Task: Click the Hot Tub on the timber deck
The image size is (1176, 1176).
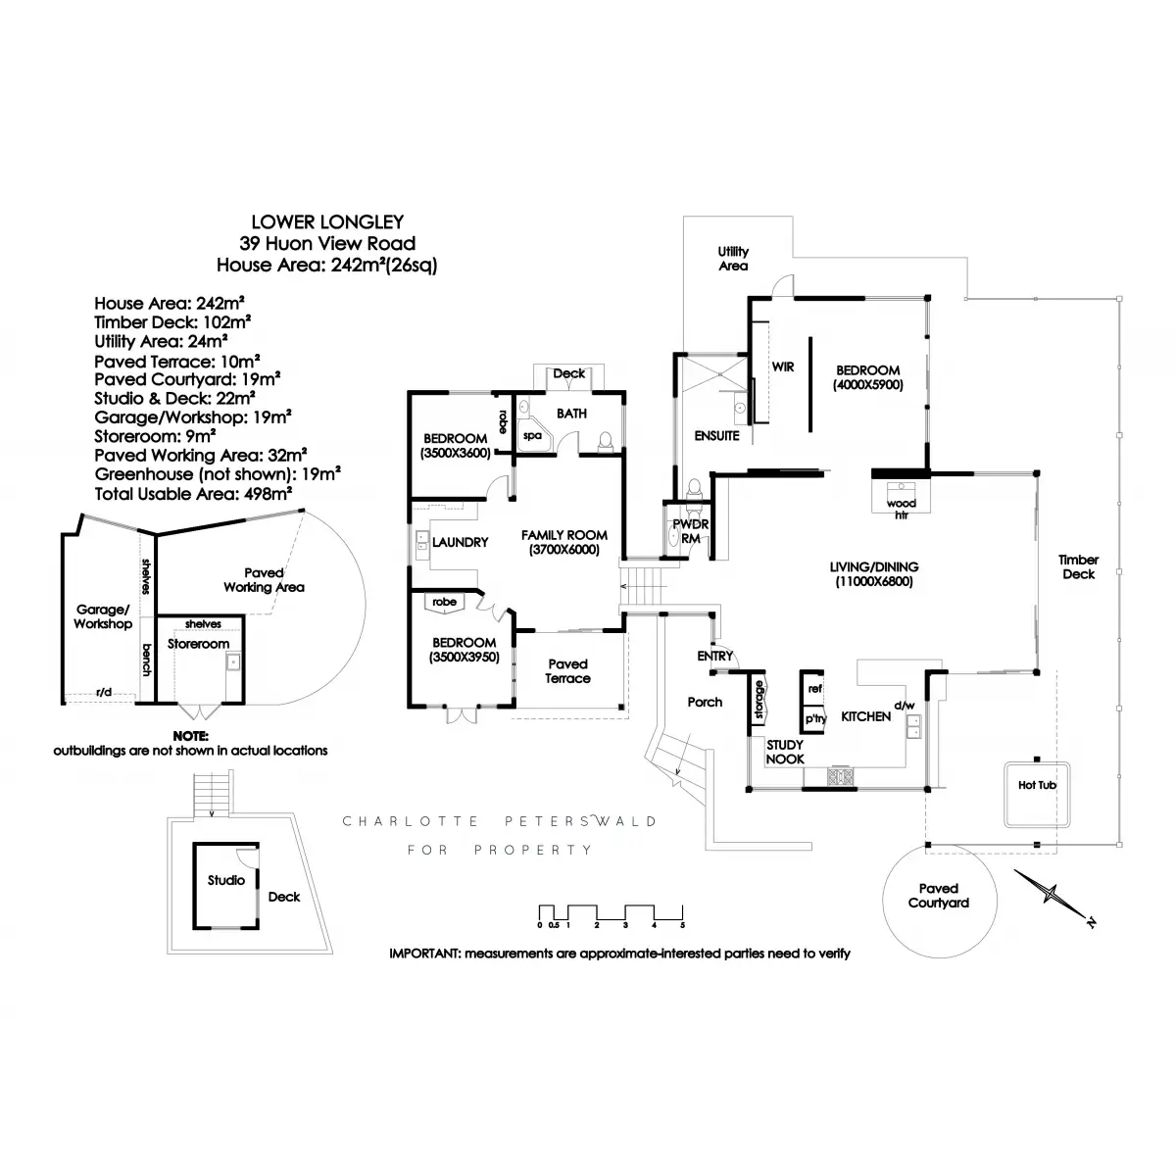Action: pyautogui.click(x=1036, y=794)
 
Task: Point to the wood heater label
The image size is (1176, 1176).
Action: pyautogui.click(x=902, y=509)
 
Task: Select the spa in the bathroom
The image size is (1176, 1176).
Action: pyautogui.click(x=533, y=435)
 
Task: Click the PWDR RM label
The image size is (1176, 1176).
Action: pyautogui.click(x=690, y=531)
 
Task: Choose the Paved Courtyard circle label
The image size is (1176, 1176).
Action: pyautogui.click(x=938, y=896)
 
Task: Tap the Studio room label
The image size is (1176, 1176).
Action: pyautogui.click(x=225, y=880)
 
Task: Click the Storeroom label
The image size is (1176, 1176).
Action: pyautogui.click(x=198, y=644)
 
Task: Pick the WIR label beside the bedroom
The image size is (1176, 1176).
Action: pyautogui.click(x=783, y=367)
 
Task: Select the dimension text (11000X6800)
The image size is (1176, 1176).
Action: pyautogui.click(x=874, y=581)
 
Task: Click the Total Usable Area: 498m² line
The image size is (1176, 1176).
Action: pyautogui.click(x=193, y=494)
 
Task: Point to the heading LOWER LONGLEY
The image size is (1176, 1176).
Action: pyautogui.click(x=327, y=222)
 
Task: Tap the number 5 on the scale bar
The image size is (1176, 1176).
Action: pyautogui.click(x=682, y=925)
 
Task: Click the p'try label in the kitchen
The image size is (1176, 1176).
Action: pyautogui.click(x=815, y=719)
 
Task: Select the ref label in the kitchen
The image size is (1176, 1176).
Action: pyautogui.click(x=814, y=688)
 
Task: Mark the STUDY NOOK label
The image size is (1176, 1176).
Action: pyautogui.click(x=785, y=752)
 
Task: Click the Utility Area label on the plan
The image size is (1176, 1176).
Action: pyautogui.click(x=733, y=259)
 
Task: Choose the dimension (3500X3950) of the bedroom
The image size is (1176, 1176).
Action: pyautogui.click(x=464, y=658)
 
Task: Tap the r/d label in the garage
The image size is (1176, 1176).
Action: pyautogui.click(x=104, y=692)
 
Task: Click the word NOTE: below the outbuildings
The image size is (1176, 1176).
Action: pyautogui.click(x=190, y=736)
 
